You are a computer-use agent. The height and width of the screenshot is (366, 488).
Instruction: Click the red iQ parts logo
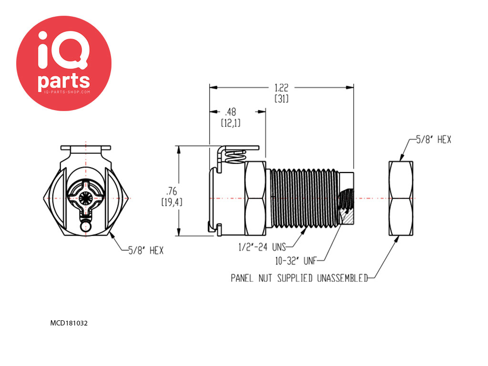tap(64, 63)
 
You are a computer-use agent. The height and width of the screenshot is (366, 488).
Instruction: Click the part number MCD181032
tap(69, 323)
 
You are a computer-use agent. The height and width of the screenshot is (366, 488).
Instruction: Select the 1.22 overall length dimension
tap(281, 88)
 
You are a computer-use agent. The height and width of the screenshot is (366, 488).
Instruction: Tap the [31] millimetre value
tap(281, 99)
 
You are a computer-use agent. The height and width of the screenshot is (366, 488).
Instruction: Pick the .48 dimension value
tap(231, 112)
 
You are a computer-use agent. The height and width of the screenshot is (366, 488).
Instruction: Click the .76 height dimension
tap(172, 191)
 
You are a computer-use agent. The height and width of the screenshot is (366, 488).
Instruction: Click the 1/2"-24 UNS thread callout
tap(262, 247)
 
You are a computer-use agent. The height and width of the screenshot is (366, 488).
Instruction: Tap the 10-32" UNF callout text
tap(295, 261)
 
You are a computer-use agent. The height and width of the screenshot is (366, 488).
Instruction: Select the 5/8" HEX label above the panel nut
tap(434, 140)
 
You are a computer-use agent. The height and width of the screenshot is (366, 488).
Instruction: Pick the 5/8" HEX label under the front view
tap(146, 250)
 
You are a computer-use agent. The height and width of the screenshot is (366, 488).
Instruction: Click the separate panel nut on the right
tap(401, 198)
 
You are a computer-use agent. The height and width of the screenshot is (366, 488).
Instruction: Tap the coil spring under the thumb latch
tap(235, 156)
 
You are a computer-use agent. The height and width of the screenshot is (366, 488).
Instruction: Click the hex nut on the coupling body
tap(255, 198)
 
